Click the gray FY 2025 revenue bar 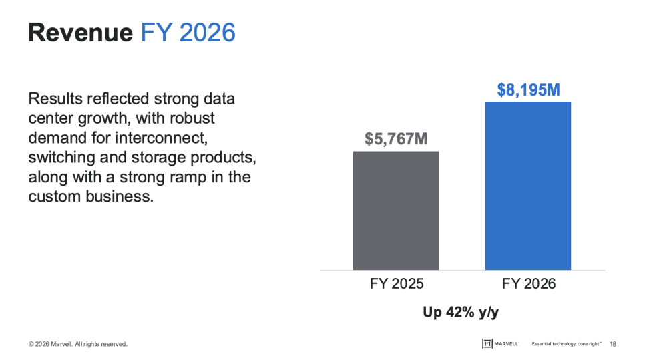[x=396, y=210]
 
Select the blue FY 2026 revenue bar [x=528, y=186]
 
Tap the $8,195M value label [x=529, y=89]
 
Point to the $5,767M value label [x=396, y=139]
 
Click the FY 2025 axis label [x=397, y=283]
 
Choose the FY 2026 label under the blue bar [x=529, y=283]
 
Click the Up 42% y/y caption [x=461, y=312]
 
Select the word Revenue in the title [x=81, y=33]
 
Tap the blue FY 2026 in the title [x=188, y=33]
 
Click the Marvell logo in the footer [x=500, y=343]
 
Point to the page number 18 [x=613, y=344]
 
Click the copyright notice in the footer [x=77, y=344]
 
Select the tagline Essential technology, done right [x=566, y=343]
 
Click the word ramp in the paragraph [x=178, y=177]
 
